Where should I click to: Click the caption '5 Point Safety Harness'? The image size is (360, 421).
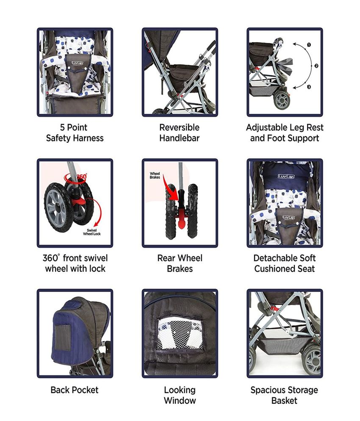click(75, 132)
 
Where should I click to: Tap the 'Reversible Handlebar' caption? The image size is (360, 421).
click(180, 132)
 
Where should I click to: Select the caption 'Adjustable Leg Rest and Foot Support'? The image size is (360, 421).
click(285, 132)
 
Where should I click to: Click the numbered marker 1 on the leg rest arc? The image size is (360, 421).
click(309, 45)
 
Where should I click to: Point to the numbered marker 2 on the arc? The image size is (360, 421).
click(316, 66)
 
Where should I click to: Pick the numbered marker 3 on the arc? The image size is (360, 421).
click(309, 87)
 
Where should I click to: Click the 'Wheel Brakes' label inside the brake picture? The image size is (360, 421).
click(155, 175)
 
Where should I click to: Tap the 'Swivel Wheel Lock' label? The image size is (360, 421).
click(91, 232)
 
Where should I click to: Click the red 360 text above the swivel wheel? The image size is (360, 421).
click(82, 177)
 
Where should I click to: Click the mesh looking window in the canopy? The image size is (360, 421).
click(180, 334)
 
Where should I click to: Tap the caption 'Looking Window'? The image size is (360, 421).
click(180, 395)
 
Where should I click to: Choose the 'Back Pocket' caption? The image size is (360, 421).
click(75, 390)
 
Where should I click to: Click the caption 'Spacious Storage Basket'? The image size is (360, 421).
click(285, 395)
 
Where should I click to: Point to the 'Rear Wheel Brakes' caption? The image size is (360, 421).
click(180, 264)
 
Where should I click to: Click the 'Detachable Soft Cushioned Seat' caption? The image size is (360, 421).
click(285, 264)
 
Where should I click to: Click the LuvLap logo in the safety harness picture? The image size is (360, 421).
click(78, 63)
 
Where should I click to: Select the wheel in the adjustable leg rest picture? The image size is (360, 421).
click(282, 100)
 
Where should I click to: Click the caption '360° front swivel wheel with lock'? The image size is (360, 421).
click(75, 264)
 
